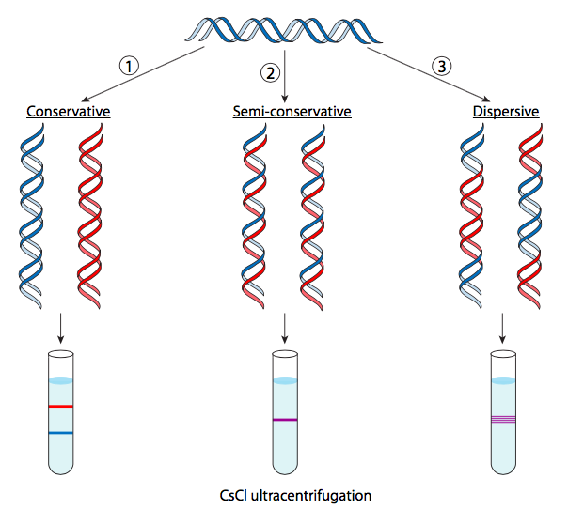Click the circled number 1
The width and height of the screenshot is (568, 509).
(129, 66)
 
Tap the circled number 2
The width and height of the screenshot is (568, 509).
(272, 72)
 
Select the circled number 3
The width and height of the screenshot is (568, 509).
(440, 66)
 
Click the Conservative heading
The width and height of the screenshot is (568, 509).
(69, 112)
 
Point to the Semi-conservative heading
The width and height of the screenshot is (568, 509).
(292, 112)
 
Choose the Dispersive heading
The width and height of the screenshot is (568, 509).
(505, 112)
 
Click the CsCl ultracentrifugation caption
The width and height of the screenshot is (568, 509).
(284, 494)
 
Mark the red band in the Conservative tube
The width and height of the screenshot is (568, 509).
(61, 407)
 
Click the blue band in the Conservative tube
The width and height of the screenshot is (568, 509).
(61, 433)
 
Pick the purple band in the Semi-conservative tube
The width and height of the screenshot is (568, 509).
(284, 420)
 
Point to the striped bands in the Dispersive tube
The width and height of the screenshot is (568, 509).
(504, 420)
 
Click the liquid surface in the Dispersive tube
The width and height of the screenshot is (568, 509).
(504, 380)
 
